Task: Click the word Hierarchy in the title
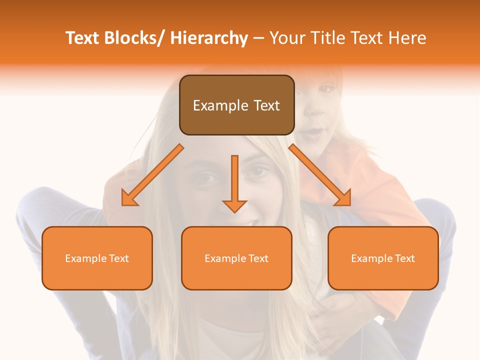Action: (x=208, y=38)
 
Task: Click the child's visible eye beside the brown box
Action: (x=326, y=89)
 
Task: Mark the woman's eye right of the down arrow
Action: (x=258, y=171)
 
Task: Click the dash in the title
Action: (x=258, y=38)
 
